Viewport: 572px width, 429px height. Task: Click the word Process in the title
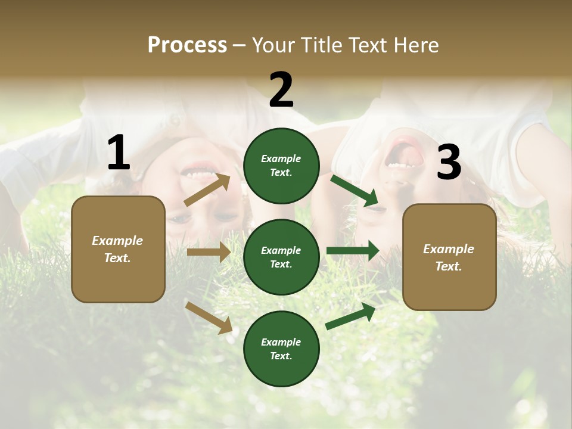click(x=187, y=45)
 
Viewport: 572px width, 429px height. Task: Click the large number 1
click(x=119, y=153)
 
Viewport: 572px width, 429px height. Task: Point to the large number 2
click(x=281, y=90)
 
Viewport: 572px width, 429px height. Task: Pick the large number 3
click(x=449, y=163)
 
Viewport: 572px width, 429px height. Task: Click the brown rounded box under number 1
click(x=118, y=249)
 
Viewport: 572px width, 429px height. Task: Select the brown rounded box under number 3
click(x=449, y=257)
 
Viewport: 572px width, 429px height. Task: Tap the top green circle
click(x=281, y=166)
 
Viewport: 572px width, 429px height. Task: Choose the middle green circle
click(x=281, y=257)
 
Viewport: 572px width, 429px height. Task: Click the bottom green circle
click(x=281, y=349)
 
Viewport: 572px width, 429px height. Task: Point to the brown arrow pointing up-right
click(x=207, y=190)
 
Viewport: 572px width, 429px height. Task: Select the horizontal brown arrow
click(x=209, y=252)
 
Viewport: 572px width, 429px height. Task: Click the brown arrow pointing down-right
click(x=209, y=317)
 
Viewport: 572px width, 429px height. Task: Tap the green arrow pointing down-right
click(x=355, y=191)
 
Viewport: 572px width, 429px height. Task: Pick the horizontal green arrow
click(x=353, y=250)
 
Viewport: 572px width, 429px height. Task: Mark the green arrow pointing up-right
click(x=351, y=316)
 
